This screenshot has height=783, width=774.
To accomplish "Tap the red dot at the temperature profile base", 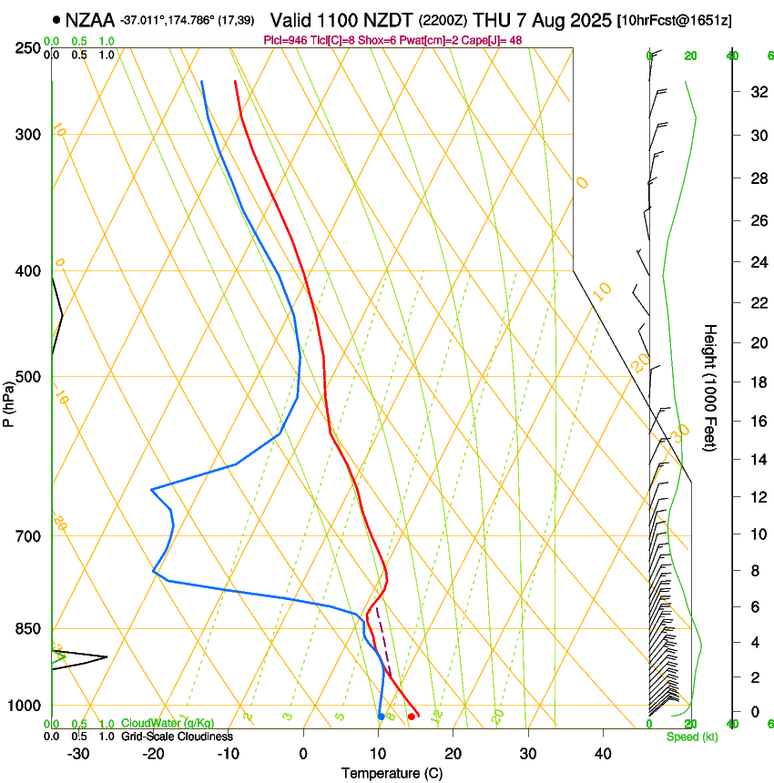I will [x=412, y=717].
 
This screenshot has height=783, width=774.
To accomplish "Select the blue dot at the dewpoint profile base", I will [x=381, y=717].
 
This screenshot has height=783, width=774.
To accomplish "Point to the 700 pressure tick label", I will [x=28, y=536].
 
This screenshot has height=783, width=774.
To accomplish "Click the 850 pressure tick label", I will [x=28, y=629].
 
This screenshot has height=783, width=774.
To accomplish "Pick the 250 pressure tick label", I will [x=28, y=48].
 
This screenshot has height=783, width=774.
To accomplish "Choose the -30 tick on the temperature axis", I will [x=78, y=754].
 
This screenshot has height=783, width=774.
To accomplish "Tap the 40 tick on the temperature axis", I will [x=602, y=754].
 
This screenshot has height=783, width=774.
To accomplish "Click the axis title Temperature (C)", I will [x=392, y=773].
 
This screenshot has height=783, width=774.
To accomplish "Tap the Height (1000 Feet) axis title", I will [x=710, y=388].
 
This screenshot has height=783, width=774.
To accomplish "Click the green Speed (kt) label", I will [x=691, y=737].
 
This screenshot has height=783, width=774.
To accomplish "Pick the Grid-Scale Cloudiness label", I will [x=178, y=737].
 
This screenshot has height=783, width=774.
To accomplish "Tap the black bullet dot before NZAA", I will [x=56, y=19].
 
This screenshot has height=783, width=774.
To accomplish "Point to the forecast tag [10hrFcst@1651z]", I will [x=674, y=20].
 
